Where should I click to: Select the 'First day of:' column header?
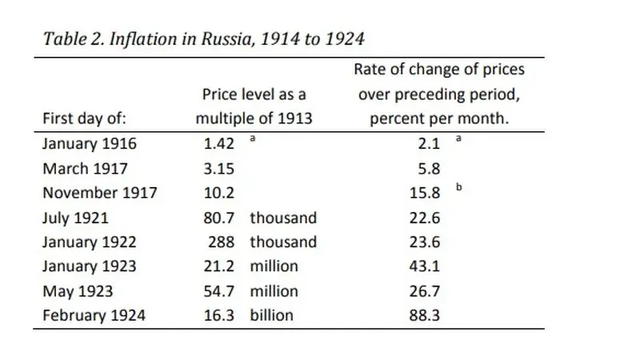[84, 119]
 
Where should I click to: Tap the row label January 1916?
[90, 144]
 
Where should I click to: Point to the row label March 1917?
[85, 169]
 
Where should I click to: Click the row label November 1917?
[100, 193]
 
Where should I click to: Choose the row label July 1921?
[75, 218]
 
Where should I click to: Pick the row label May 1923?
[78, 291]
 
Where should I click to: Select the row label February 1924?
[94, 315]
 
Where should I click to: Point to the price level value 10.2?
[218, 193]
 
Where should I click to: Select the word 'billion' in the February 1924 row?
[271, 315]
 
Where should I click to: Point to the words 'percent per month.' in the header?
[438, 119]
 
